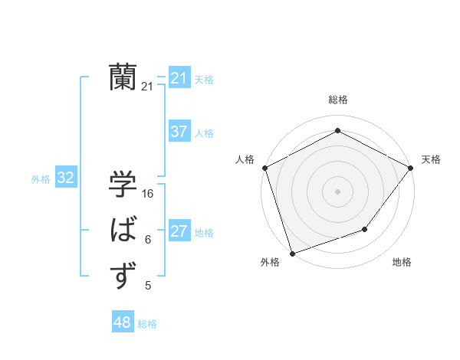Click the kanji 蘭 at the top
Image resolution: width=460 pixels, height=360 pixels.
(123, 77)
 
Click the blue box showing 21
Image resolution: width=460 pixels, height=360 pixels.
(179, 78)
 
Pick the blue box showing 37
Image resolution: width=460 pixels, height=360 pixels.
(179, 132)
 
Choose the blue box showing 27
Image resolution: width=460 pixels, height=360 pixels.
(179, 231)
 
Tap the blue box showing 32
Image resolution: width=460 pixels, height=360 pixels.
(65, 178)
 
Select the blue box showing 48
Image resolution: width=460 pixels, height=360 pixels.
(122, 322)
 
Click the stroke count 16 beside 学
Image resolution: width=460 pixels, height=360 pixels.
(148, 194)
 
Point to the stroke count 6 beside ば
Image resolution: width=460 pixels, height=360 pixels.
(147, 240)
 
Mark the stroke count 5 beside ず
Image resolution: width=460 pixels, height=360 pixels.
(147, 286)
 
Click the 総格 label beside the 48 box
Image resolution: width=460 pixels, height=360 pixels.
(147, 324)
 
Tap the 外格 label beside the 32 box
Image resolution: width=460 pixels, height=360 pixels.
(41, 179)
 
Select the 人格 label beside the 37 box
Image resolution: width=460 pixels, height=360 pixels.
(205, 133)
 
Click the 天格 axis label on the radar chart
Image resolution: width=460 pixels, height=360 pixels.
(431, 159)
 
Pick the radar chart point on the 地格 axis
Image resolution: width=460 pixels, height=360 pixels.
(366, 229)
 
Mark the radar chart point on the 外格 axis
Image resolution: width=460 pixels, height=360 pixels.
(293, 253)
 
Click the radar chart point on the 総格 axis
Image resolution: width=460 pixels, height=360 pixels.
(337, 131)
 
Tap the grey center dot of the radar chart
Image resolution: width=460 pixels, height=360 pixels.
(337, 191)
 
